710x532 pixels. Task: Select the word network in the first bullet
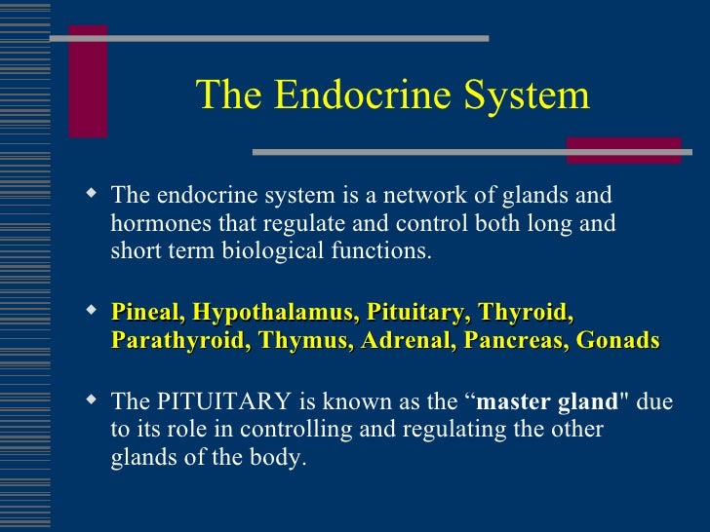tap(396, 195)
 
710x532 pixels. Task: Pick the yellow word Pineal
tap(147, 313)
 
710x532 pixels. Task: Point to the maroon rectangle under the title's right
tap(623, 148)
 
